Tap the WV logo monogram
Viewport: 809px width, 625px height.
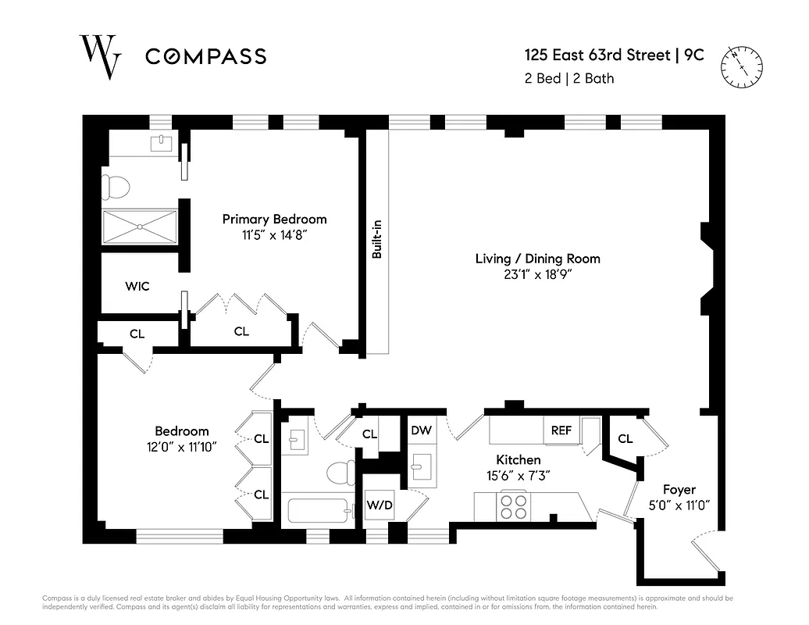(x=100, y=55)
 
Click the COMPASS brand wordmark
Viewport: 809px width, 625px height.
(x=206, y=56)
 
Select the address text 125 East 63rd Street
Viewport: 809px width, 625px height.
(x=597, y=55)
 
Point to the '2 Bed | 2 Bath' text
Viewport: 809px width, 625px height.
(x=569, y=78)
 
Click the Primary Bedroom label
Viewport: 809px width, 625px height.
(x=274, y=219)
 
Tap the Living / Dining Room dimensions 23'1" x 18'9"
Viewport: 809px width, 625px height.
(x=537, y=274)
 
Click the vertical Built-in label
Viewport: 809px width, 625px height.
(x=376, y=240)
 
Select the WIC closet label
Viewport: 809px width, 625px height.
(x=137, y=287)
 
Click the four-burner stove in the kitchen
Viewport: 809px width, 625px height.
(x=513, y=505)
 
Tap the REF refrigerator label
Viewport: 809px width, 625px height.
(x=561, y=430)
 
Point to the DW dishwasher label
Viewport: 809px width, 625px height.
(x=421, y=430)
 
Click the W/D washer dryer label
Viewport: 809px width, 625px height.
(x=380, y=505)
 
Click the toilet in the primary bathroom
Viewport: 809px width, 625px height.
(x=116, y=187)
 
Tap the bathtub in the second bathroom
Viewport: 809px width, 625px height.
(x=316, y=511)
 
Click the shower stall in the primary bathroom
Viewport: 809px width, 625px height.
(x=140, y=227)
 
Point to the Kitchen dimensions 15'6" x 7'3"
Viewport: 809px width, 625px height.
(x=519, y=475)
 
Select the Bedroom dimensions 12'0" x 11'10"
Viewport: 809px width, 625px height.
(x=181, y=446)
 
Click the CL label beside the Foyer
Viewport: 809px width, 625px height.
(x=625, y=439)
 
